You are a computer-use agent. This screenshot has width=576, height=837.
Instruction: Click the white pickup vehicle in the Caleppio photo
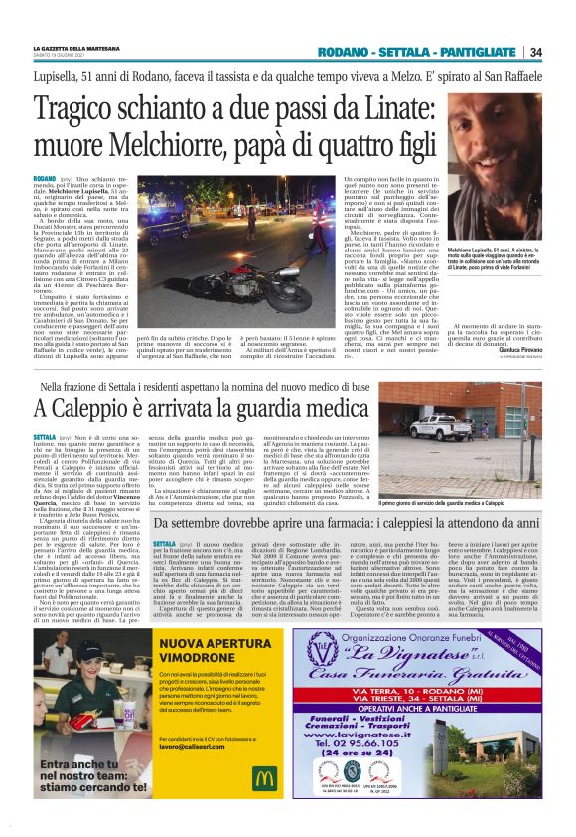pyautogui.click(x=442, y=425)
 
